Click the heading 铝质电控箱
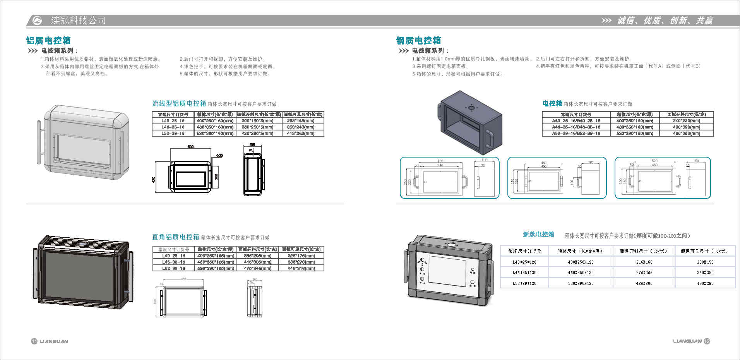pos(48,41)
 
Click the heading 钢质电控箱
pos(418,41)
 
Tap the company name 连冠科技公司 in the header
pos(78,21)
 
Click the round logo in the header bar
pos(37,21)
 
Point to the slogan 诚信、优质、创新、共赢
pos(665,21)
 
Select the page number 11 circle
pos(34,341)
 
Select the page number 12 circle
pos(707,341)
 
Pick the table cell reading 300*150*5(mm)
pos(257,121)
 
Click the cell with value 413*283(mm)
pos(301,133)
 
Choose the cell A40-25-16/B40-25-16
pos(576,121)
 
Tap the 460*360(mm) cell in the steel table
pos(686,133)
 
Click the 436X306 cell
pos(644,283)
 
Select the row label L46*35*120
pos(524,273)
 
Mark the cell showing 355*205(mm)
pos(257,256)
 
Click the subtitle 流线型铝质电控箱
pos(179,104)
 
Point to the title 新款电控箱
pos(538,235)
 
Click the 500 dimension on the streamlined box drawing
pos(190,147)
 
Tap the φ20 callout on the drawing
pos(219,156)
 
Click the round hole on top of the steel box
pos(471,108)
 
